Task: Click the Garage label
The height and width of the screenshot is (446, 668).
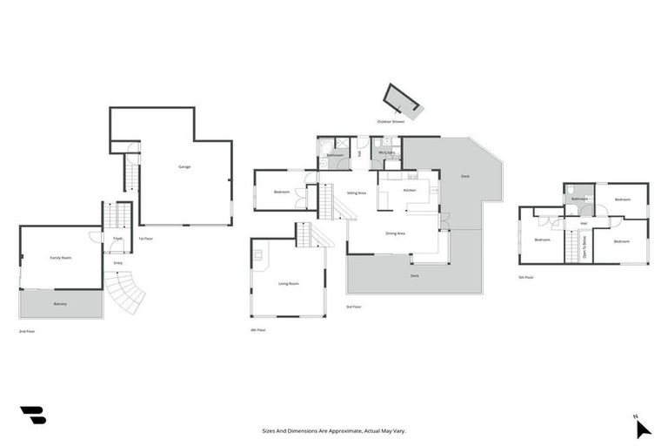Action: pyautogui.click(x=184, y=166)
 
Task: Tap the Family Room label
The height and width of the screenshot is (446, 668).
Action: pyautogui.click(x=60, y=258)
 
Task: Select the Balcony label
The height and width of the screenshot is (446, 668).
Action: pyautogui.click(x=60, y=303)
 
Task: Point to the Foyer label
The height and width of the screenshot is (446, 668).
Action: pyautogui.click(x=117, y=237)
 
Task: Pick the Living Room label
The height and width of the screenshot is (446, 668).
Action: pyautogui.click(x=288, y=284)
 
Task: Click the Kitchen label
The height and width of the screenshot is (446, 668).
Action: pyautogui.click(x=410, y=190)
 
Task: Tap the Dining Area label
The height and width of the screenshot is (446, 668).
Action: pyautogui.click(x=397, y=233)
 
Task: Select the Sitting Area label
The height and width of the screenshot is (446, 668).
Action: pyautogui.click(x=356, y=193)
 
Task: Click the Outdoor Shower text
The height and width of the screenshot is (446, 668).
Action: pyautogui.click(x=391, y=122)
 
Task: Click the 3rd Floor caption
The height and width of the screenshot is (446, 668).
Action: pyautogui.click(x=353, y=307)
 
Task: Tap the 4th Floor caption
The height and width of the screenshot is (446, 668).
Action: pyautogui.click(x=257, y=330)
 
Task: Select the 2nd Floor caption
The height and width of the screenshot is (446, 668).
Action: pyautogui.click(x=27, y=331)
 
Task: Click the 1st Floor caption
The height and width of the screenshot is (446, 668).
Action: pyautogui.click(x=145, y=238)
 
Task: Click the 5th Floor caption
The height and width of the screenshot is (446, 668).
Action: pyautogui.click(x=525, y=277)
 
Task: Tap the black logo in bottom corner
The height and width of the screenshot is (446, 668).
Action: pyautogui.click(x=32, y=416)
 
